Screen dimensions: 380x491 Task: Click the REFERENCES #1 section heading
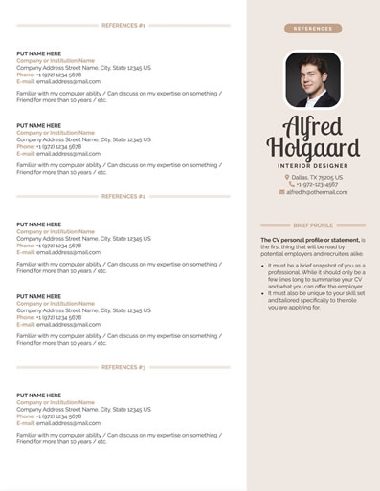point(123,25)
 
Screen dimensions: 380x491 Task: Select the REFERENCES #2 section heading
point(123,196)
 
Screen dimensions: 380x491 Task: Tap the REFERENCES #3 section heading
point(123,367)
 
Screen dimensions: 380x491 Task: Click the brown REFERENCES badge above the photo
point(313,29)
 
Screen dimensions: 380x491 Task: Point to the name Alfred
point(313,128)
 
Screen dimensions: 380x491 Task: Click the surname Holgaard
point(313,148)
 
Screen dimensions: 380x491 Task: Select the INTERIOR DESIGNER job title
point(313,166)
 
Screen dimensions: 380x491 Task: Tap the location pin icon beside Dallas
point(286,177)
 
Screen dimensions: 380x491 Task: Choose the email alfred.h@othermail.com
point(317,192)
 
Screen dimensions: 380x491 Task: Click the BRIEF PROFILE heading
point(313,226)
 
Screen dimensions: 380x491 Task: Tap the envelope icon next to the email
point(281,192)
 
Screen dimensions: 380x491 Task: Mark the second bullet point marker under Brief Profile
point(262,295)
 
